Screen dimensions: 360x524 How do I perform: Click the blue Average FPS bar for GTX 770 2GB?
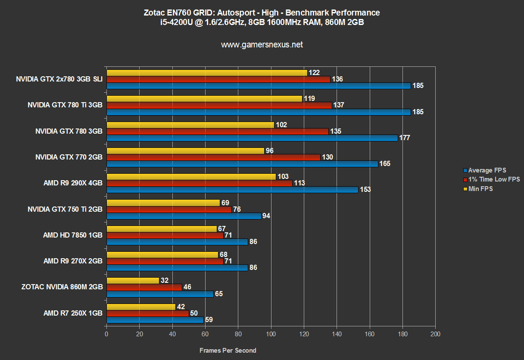(242, 164)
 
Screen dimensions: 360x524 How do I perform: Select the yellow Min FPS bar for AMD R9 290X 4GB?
(191, 177)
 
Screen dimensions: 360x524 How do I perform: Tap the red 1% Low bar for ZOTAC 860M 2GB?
(144, 287)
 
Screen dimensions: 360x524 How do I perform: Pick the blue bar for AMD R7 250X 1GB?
(155, 320)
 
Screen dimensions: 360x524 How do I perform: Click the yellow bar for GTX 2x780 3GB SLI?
(207, 73)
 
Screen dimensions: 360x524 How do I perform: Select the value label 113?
(299, 183)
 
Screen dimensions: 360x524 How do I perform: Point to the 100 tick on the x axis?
(271, 334)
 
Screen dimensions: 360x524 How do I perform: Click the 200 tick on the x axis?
(435, 334)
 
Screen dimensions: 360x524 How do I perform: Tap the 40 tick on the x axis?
(172, 334)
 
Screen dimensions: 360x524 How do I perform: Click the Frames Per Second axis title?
(228, 351)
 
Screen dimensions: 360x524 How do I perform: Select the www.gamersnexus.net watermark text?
(262, 44)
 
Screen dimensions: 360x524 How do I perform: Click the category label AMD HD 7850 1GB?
(73, 235)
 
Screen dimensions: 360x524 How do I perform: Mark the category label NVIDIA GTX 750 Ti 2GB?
(65, 210)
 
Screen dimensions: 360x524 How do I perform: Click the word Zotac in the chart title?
(153, 13)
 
